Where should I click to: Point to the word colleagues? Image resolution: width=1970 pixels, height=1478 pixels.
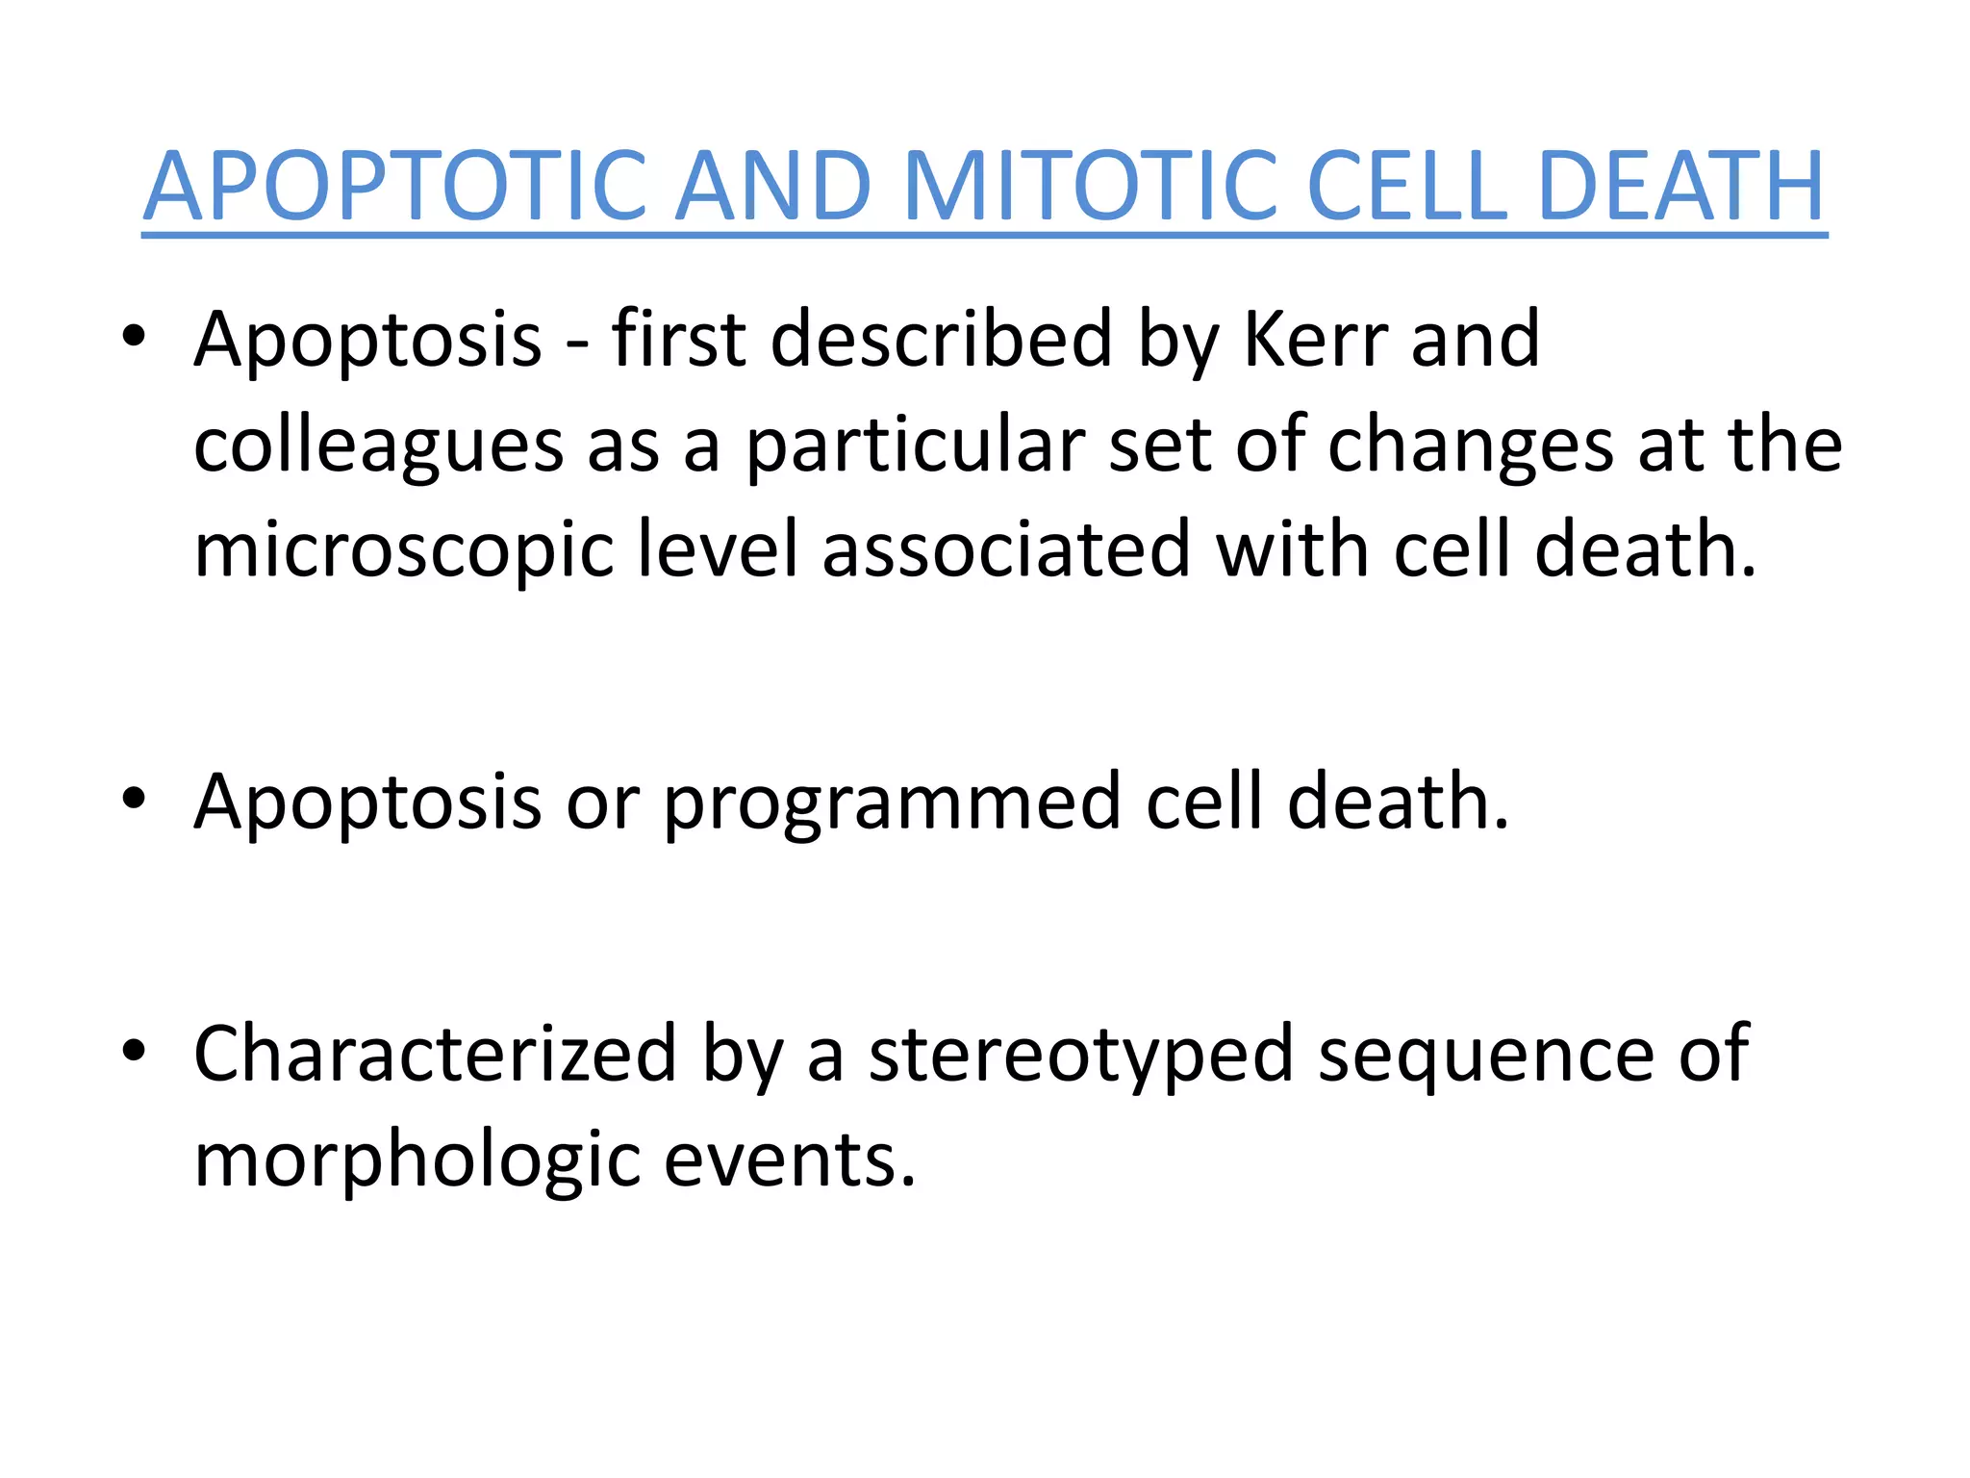coord(378,446)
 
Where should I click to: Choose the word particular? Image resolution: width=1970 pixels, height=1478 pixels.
coord(915,446)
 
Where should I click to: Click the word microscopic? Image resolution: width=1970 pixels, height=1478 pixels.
coord(404,551)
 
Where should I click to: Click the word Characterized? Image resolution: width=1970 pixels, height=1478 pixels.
coord(436,1055)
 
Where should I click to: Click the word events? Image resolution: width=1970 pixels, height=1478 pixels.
coord(789,1159)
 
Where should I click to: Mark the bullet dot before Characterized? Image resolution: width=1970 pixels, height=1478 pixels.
coord(134,1050)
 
